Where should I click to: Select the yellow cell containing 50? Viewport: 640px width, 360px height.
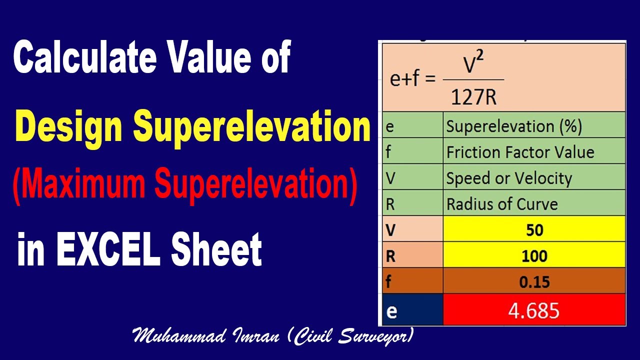coord(534,229)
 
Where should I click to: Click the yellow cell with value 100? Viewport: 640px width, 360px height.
coord(534,256)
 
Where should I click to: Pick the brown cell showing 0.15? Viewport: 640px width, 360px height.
coord(534,282)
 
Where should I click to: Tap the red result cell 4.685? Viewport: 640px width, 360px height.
coord(534,310)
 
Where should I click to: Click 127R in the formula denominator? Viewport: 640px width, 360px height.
coord(473,97)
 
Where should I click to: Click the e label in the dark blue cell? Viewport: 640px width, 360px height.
coord(392,311)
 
